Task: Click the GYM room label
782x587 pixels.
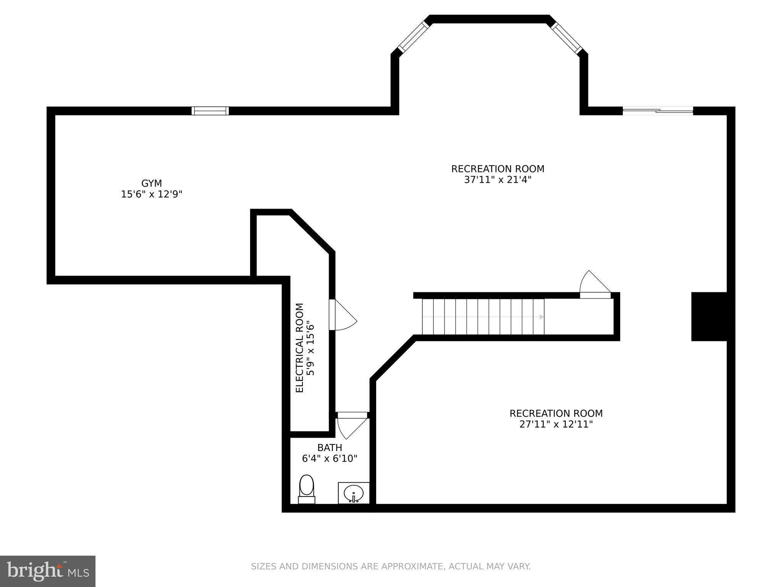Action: point(152,183)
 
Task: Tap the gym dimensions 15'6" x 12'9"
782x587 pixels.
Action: point(152,195)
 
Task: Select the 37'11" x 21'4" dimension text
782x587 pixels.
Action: point(498,180)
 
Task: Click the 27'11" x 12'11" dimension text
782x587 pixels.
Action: point(556,424)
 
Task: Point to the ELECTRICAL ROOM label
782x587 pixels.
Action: point(300,348)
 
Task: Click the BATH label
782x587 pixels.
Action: point(330,448)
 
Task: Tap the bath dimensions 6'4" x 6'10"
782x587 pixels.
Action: point(330,459)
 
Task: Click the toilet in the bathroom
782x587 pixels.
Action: point(306,489)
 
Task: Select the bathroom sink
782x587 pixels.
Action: point(354,493)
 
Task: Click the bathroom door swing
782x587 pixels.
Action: point(351,427)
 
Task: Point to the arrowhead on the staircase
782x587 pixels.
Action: point(541,317)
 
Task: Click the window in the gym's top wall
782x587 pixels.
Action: point(210,111)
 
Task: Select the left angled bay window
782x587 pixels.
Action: point(414,37)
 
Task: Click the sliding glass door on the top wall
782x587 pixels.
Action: point(658,111)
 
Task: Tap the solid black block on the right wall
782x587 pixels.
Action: point(709,316)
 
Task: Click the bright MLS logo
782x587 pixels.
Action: point(47,571)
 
